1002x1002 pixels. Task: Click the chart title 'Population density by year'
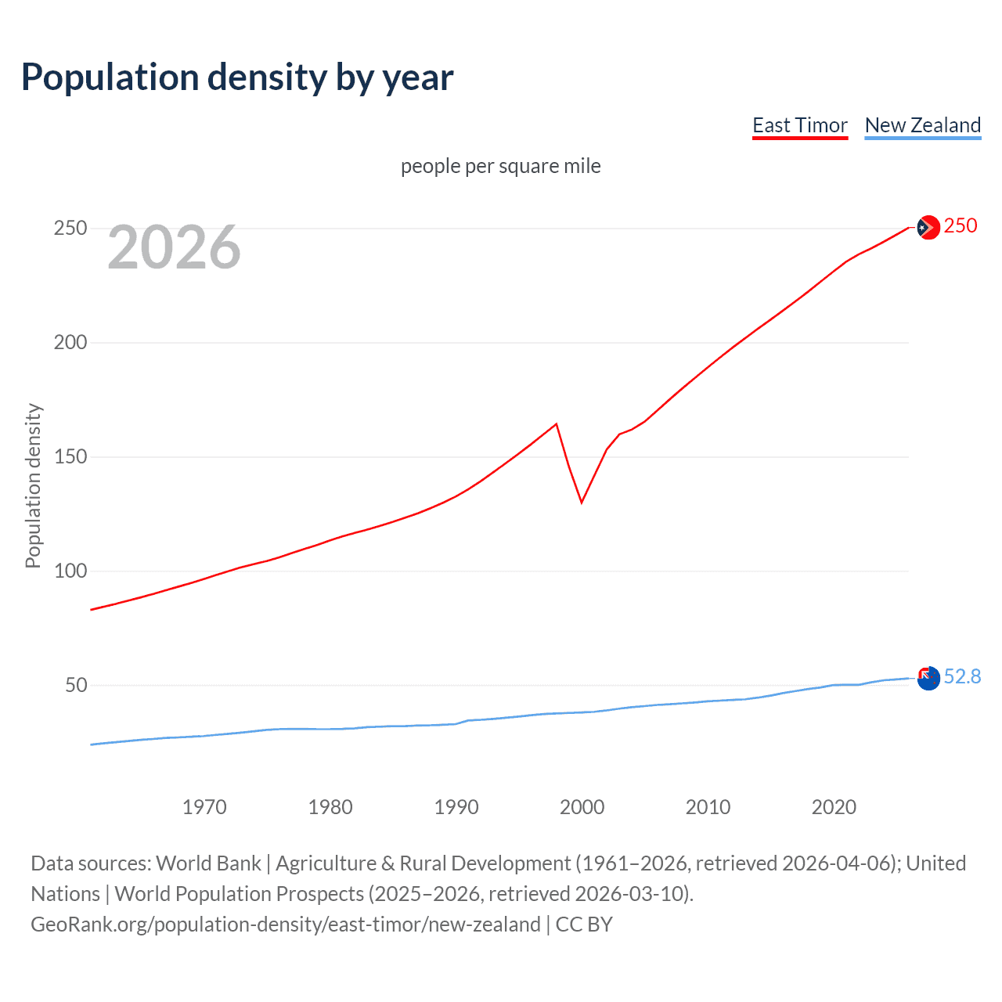(x=237, y=77)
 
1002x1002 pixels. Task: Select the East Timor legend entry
(x=799, y=125)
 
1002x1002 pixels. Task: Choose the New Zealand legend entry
(x=922, y=125)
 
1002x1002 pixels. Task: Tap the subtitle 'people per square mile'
(x=500, y=166)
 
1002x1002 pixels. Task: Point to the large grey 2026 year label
(x=174, y=247)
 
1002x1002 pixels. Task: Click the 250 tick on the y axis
(x=70, y=229)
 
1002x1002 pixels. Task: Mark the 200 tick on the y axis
(x=70, y=343)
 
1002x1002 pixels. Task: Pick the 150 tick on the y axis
(x=70, y=457)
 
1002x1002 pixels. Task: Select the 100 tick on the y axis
(x=70, y=571)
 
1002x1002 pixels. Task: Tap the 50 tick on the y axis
(x=76, y=686)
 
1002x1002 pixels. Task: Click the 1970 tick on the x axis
(x=204, y=807)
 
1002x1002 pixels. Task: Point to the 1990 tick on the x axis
(x=456, y=807)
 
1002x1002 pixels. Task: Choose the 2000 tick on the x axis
(x=582, y=807)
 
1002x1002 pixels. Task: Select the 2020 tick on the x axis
(x=834, y=807)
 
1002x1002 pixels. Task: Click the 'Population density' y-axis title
(x=33, y=485)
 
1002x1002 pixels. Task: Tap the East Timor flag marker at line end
(x=928, y=227)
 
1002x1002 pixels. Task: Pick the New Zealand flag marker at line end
(x=928, y=678)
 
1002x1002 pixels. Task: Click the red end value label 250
(x=961, y=226)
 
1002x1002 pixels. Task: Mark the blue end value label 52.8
(x=962, y=677)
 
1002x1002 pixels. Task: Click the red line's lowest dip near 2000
(x=582, y=502)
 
